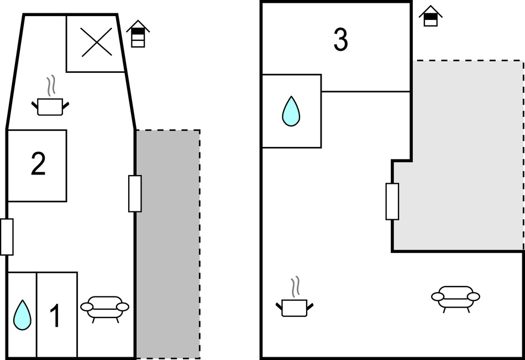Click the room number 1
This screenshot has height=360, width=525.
tap(55, 316)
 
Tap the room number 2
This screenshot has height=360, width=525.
tap(38, 165)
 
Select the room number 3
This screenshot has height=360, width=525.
tap(341, 40)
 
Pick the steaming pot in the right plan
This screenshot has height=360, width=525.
tap(295, 306)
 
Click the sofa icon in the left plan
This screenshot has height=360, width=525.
tap(105, 308)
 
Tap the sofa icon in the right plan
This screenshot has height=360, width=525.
tap(455, 298)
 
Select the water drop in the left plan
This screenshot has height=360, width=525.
tap(22, 315)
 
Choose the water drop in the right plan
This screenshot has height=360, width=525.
tap(291, 111)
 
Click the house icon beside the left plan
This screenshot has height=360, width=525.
tap(138, 34)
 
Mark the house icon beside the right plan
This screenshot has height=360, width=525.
tap(429, 16)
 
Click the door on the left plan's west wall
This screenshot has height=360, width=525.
tap(7, 237)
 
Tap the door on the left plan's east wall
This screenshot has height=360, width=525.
tap(135, 193)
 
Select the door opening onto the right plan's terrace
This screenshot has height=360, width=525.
tap(392, 201)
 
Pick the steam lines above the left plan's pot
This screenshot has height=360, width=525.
tap(51, 87)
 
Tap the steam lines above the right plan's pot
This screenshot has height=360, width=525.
tap(296, 286)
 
